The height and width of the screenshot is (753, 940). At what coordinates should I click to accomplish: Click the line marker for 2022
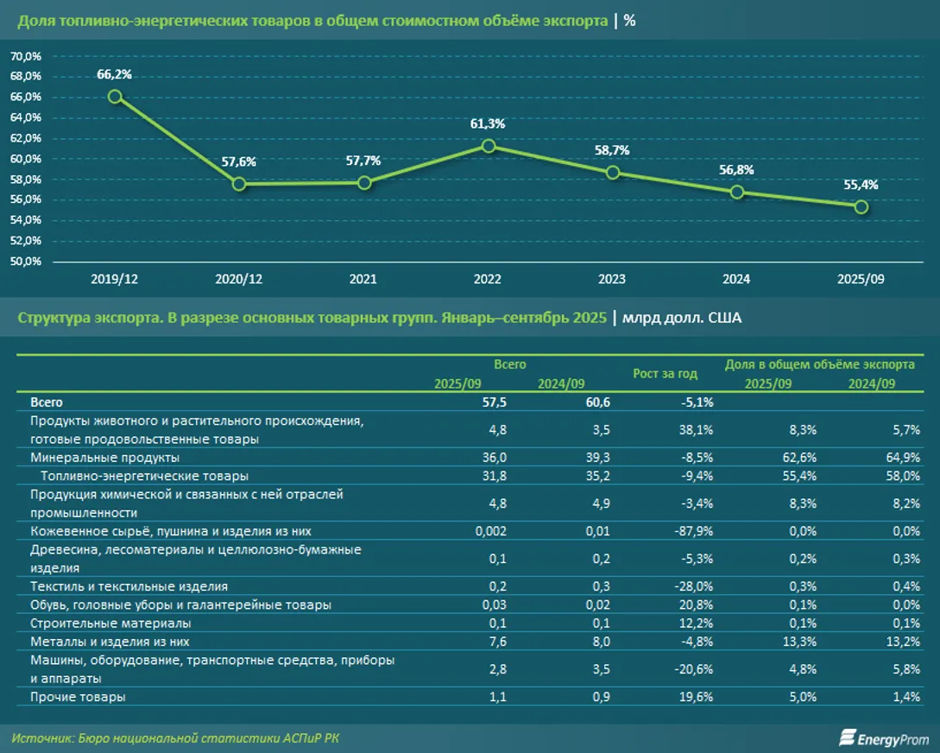(489, 146)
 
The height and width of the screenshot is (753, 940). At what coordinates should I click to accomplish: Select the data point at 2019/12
(114, 96)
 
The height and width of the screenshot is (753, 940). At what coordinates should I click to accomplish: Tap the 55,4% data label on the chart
(861, 184)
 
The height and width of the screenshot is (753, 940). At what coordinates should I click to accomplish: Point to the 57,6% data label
(239, 161)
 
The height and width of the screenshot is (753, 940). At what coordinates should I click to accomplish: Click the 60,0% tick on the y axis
(26, 159)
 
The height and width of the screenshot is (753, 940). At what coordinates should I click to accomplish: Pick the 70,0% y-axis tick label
(26, 56)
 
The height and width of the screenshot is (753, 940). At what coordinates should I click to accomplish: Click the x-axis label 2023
(612, 280)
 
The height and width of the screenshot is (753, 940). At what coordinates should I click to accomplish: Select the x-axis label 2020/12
(239, 280)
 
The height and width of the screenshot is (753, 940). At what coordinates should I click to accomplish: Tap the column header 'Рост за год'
(665, 374)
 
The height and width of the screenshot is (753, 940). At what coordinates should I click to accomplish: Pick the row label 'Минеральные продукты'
(104, 457)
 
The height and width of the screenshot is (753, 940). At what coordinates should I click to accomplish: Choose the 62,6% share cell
(798, 457)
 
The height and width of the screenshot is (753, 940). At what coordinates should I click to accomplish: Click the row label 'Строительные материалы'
(110, 623)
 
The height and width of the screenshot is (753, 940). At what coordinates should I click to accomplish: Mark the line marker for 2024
(737, 192)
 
